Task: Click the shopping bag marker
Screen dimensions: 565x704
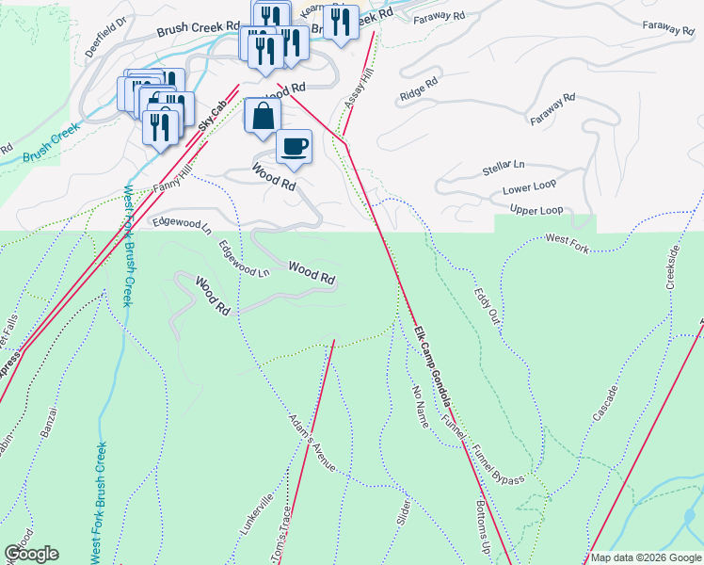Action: (x=263, y=118)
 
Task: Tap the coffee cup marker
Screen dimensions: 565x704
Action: (x=294, y=147)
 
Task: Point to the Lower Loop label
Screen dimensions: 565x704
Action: (x=529, y=187)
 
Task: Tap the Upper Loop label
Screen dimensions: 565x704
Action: (x=536, y=208)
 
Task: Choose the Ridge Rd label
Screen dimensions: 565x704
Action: (x=420, y=90)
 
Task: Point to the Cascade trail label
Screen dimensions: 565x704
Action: (x=605, y=404)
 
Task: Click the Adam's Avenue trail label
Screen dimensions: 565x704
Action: (x=312, y=441)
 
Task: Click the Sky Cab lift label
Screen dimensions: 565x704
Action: (x=213, y=116)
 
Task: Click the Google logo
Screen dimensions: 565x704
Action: (x=31, y=554)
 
